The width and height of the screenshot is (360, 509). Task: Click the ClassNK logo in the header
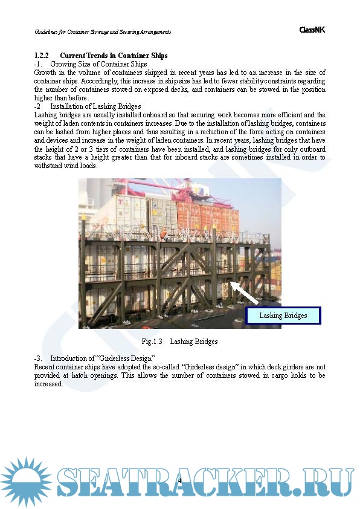[x=312, y=30]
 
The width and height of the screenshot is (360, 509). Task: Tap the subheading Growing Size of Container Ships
[x=98, y=64]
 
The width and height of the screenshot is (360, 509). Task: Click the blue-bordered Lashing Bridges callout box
[x=283, y=316]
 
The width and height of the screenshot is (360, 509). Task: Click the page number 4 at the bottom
[x=179, y=480]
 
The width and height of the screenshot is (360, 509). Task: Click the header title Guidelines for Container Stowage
[x=102, y=31]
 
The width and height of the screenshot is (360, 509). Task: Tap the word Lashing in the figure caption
[x=181, y=342]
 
